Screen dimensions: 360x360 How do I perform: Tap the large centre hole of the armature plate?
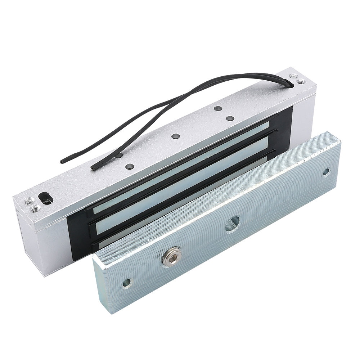tap(233, 224)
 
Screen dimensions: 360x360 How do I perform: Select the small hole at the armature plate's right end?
tap(326, 172)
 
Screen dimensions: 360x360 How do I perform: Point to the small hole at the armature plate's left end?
tap(127, 283)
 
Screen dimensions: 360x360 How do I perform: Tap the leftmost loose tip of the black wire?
tap(62, 161)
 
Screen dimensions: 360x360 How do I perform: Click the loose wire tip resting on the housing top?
tap(94, 167)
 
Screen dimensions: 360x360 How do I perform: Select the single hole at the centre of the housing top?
tap(176, 136)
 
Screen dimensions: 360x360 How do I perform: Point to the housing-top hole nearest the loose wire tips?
tap(130, 167)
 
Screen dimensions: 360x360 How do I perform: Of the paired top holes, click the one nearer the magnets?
tap(230, 118)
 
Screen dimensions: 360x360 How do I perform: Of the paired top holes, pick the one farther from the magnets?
tap(217, 108)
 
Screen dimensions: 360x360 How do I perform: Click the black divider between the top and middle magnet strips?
tap(180, 175)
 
